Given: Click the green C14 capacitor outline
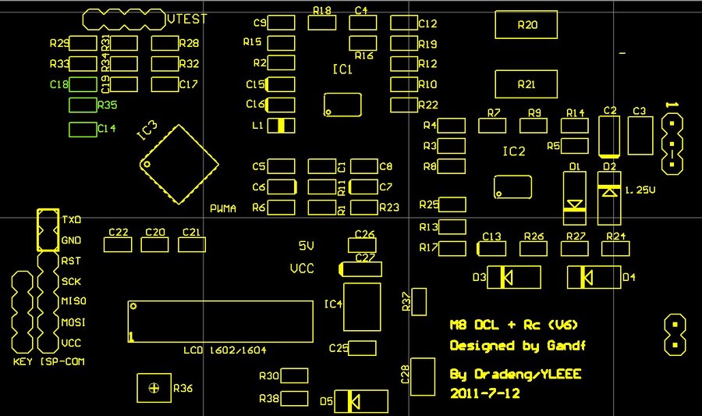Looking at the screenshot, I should pos(82,130).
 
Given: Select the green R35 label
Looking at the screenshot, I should pos(107,105).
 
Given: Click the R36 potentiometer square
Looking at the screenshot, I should pos(154,388).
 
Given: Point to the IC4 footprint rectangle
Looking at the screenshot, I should pos(362,307).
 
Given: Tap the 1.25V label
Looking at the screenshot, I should pos(640,190).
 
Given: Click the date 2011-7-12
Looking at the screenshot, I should pos(484,394).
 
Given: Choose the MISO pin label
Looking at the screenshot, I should pos(73,301).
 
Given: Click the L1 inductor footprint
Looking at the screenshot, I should pos(282,125).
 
